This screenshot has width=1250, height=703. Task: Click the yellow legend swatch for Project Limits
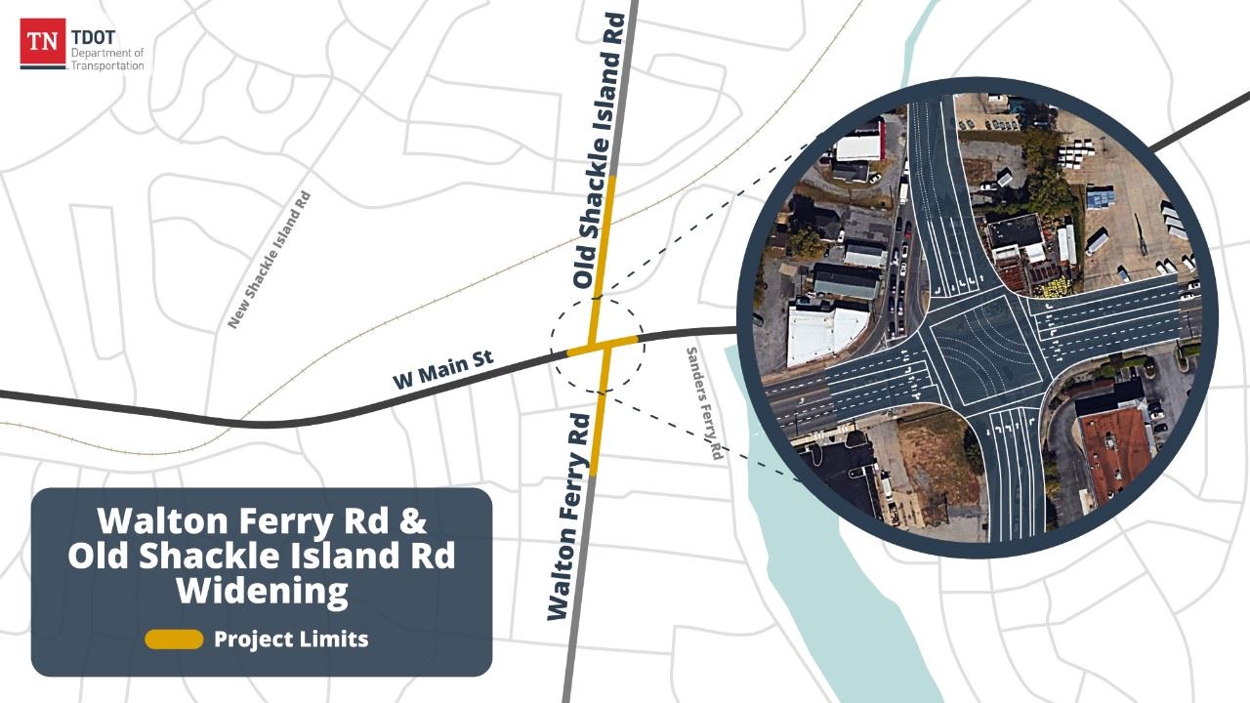(174, 640)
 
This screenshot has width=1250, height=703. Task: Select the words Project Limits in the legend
(291, 640)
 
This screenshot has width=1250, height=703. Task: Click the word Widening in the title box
(262, 591)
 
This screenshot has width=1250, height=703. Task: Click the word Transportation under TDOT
(107, 66)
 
